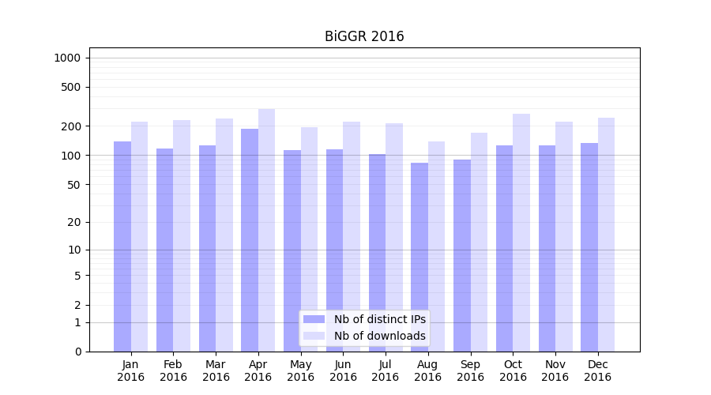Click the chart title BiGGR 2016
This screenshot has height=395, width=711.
pyautogui.click(x=364, y=36)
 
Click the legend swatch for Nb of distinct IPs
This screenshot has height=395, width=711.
pyautogui.click(x=314, y=319)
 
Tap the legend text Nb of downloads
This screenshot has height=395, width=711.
pyautogui.click(x=380, y=336)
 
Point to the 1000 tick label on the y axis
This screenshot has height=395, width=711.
pyautogui.click(x=67, y=58)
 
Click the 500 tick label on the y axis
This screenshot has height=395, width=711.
pyautogui.click(x=72, y=87)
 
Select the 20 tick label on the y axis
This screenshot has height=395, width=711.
pyautogui.click(x=74, y=222)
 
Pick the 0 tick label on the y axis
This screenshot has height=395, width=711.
pyautogui.click(x=77, y=352)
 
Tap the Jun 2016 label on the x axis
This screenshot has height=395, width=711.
pyautogui.click(x=343, y=371)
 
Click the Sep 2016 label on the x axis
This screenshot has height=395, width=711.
pyautogui.click(x=470, y=371)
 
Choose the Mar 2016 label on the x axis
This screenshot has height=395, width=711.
pyautogui.click(x=216, y=371)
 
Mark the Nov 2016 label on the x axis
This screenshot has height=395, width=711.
pyautogui.click(x=555, y=371)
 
